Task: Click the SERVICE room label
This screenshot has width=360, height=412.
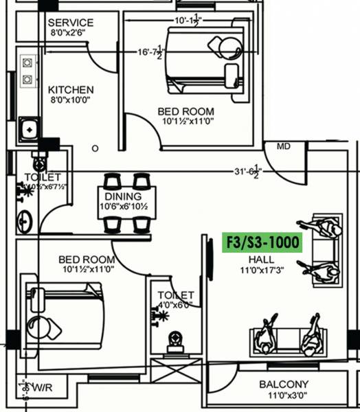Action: tap(71, 23)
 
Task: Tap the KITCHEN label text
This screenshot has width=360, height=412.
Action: tap(71, 90)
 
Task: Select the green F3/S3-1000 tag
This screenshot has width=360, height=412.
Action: tap(263, 242)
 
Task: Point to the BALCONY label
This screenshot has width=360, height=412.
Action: tap(284, 385)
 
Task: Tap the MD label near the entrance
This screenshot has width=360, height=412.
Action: tap(283, 147)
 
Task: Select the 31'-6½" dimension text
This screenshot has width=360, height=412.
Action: tap(246, 172)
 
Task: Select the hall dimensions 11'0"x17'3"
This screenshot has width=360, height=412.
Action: tap(261, 271)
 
